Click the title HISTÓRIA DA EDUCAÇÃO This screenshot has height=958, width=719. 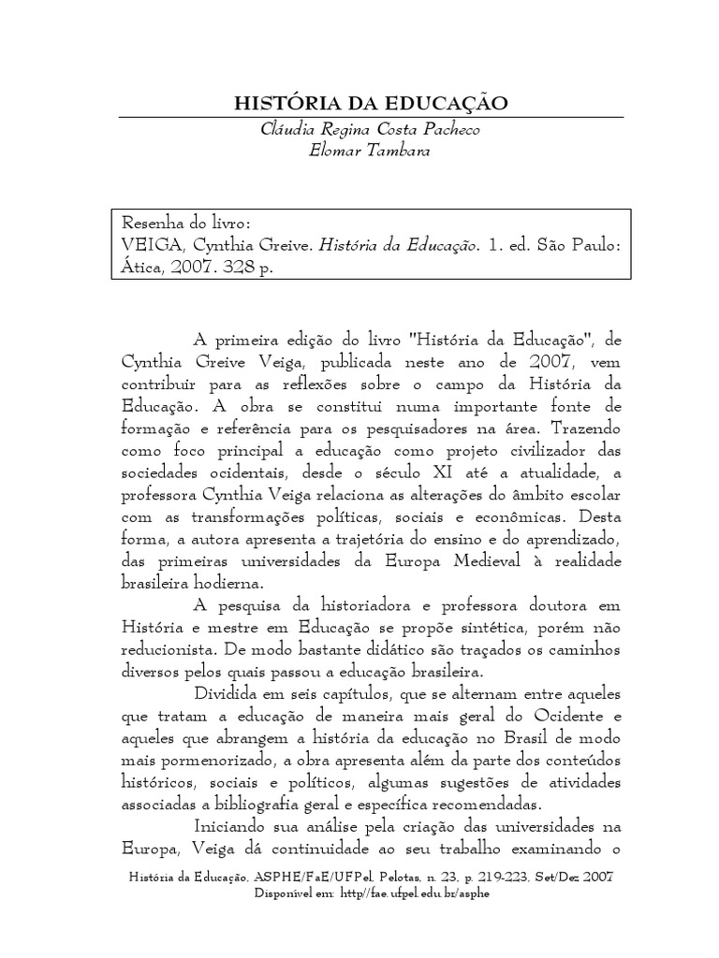coord(370,103)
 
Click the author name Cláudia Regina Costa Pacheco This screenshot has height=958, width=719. coord(370,129)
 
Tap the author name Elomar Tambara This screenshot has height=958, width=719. coord(370,150)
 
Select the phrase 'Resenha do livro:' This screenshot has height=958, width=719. coord(186,225)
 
